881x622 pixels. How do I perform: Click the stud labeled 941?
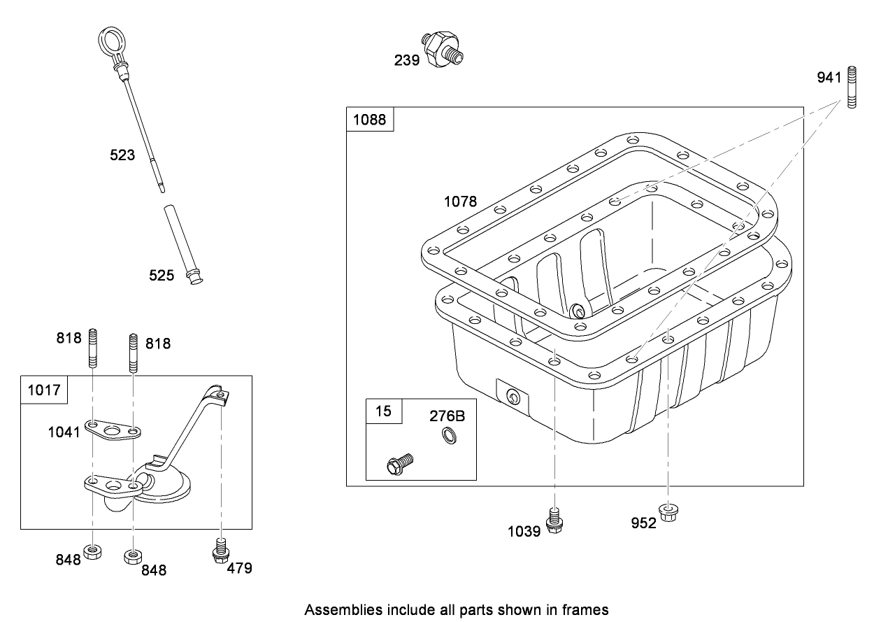(x=852, y=87)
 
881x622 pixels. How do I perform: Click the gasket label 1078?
(x=460, y=202)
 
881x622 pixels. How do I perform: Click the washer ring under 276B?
(x=447, y=438)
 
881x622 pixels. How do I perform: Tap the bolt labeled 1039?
(x=554, y=521)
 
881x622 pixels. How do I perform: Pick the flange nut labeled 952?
(x=668, y=514)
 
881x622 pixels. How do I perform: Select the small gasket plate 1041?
(x=113, y=430)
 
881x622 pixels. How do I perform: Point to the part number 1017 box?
(x=44, y=389)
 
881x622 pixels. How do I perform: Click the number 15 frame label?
(x=384, y=411)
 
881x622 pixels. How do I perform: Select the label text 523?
(x=122, y=155)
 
